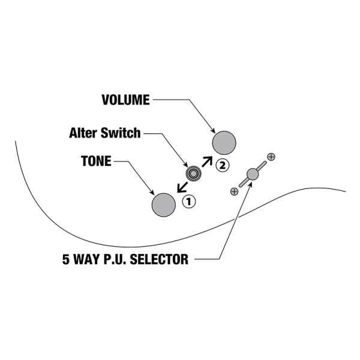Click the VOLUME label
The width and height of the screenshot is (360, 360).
click(125, 100)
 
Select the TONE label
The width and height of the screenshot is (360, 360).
click(96, 161)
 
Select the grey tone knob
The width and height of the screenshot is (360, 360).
click(164, 205)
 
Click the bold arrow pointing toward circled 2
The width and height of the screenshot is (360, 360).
click(208, 160)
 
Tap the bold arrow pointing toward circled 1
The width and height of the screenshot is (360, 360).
click(181, 187)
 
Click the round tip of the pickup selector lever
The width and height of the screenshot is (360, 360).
click(252, 175)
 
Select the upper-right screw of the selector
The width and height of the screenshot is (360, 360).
click(271, 157)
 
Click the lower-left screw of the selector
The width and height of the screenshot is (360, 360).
click(234, 191)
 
